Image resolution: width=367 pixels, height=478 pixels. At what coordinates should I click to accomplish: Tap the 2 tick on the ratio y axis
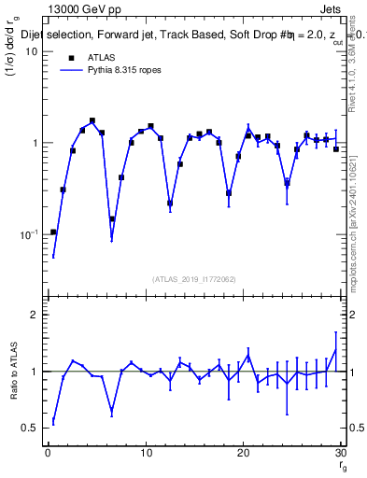click(34, 315)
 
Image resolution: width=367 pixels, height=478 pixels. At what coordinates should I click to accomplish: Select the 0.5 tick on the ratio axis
click(30, 428)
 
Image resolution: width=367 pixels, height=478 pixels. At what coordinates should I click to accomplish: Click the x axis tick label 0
click(48, 453)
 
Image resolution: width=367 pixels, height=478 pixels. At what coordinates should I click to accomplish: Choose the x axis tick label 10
click(145, 453)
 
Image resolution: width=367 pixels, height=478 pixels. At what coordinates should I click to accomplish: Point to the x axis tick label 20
click(243, 453)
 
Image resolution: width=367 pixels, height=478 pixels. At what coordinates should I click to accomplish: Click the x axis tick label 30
click(340, 453)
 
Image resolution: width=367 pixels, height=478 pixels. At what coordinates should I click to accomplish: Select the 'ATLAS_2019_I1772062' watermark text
click(194, 279)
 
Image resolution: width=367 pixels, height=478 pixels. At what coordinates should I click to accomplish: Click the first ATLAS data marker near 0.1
click(53, 232)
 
